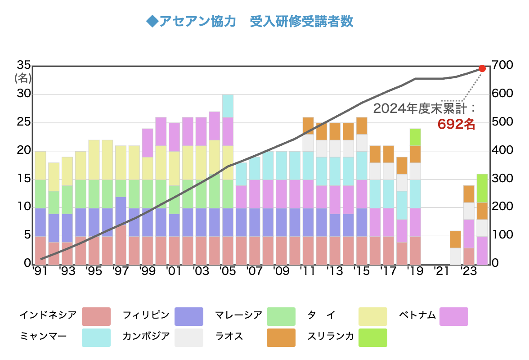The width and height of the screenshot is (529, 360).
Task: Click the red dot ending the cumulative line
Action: click(482, 68)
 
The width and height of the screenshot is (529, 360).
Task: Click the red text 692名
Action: click(456, 124)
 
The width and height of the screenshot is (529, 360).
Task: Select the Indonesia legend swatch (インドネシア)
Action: click(96, 316)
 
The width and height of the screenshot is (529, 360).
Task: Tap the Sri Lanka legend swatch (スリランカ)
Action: click(372, 337)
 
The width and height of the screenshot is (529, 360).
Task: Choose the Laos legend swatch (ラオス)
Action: click(281, 337)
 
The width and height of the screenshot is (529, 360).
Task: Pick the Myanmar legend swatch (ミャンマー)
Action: click(96, 337)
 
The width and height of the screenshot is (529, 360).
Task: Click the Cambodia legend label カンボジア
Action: click(146, 337)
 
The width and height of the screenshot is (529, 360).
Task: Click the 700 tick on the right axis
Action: click(502, 66)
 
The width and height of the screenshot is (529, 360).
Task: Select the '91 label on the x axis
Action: click(40, 272)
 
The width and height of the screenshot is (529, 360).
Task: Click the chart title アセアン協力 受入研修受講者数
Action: click(250, 22)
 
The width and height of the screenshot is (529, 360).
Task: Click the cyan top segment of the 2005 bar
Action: click(228, 106)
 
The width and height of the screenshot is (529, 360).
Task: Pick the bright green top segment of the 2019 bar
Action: click(415, 137)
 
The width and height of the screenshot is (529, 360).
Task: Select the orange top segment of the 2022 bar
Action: click(455, 239)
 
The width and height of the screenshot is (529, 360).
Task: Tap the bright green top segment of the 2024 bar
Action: click(482, 188)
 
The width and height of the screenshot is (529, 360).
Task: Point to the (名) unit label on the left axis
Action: click(23, 78)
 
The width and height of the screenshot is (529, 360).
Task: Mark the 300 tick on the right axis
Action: click(502, 179)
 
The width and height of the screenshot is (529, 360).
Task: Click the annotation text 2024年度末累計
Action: click(423, 108)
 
